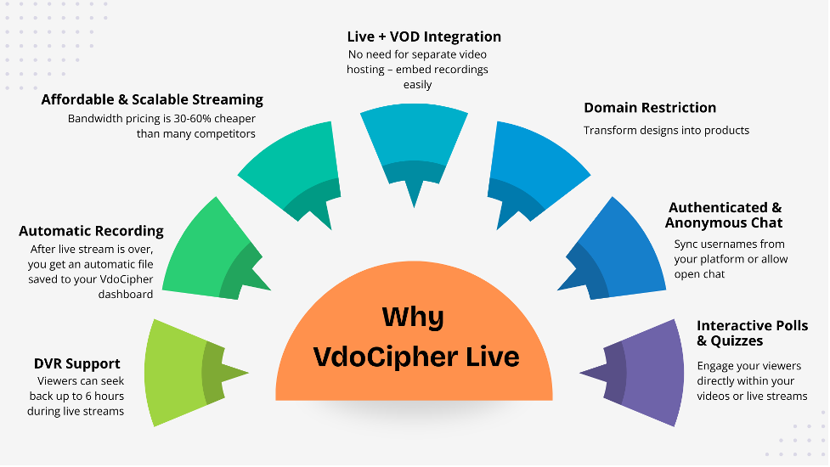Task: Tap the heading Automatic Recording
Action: pyautogui.click(x=91, y=230)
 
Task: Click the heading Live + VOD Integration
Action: pyautogui.click(x=424, y=37)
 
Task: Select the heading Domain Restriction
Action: pyautogui.click(x=650, y=108)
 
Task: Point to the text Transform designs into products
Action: pyautogui.click(x=666, y=130)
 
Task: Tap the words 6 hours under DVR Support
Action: pyautogui.click(x=107, y=397)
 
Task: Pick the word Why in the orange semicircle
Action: pyautogui.click(x=413, y=317)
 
